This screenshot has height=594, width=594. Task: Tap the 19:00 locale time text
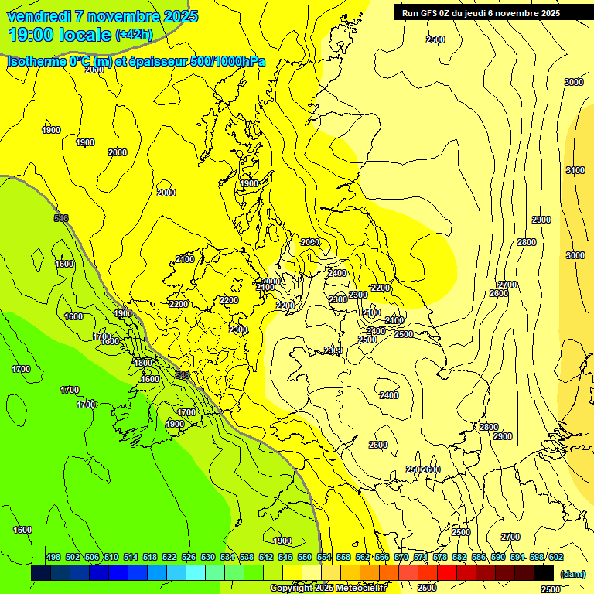59,34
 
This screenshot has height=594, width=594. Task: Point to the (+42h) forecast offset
133,35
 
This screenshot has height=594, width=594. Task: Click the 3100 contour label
575,170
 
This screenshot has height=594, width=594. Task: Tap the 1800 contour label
143,363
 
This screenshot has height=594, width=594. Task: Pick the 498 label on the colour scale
53,557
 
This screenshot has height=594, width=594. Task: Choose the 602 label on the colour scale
555,557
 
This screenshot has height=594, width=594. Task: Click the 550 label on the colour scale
305,557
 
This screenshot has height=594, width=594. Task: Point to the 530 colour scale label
208,557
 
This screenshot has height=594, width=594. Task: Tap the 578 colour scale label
440,557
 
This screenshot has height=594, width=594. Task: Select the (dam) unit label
572,574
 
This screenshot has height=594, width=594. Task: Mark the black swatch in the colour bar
544,573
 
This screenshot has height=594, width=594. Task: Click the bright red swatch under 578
447,573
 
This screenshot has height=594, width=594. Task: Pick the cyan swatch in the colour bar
196,573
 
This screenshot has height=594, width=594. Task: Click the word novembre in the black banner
517,12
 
